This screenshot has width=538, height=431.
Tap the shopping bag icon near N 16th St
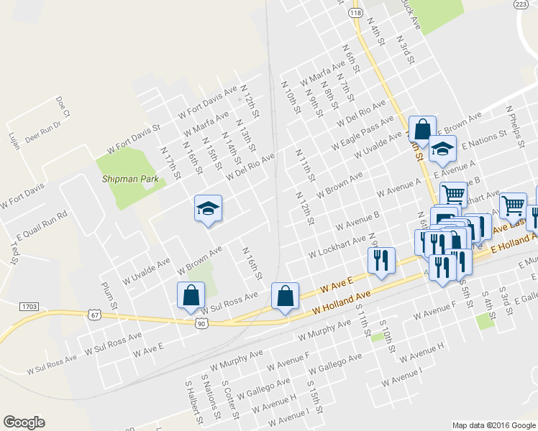point(285,295)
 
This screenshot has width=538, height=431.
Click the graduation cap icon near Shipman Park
point(208,208)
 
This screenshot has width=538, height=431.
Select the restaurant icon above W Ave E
point(381,259)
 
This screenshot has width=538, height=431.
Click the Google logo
point(24,422)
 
